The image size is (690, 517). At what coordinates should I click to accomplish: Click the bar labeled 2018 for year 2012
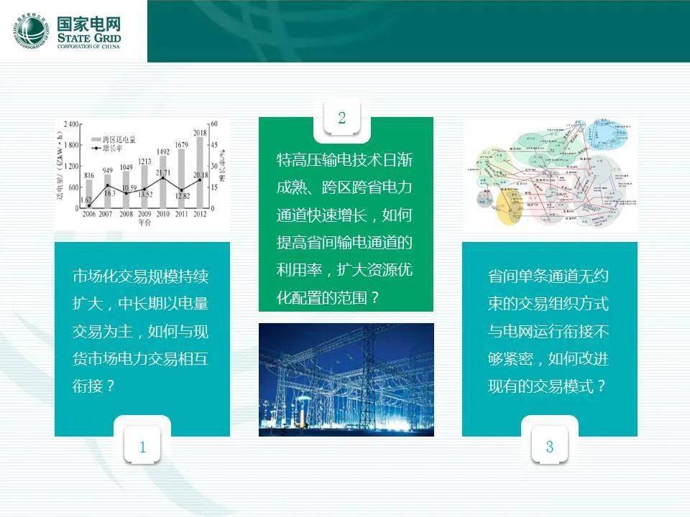coord(200,172)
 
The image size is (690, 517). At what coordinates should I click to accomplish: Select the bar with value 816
coord(89,194)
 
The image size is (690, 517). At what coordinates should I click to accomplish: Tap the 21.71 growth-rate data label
coord(163,172)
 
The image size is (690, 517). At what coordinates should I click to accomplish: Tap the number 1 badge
coord(143,447)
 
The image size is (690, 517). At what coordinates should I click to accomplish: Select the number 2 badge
coord(342,118)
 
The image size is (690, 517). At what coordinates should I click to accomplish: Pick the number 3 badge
coord(550,447)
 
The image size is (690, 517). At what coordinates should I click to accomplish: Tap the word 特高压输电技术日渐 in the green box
coord(344,159)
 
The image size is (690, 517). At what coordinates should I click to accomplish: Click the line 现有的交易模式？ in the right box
coord(547,386)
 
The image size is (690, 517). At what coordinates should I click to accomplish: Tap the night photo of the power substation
coord(346,379)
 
